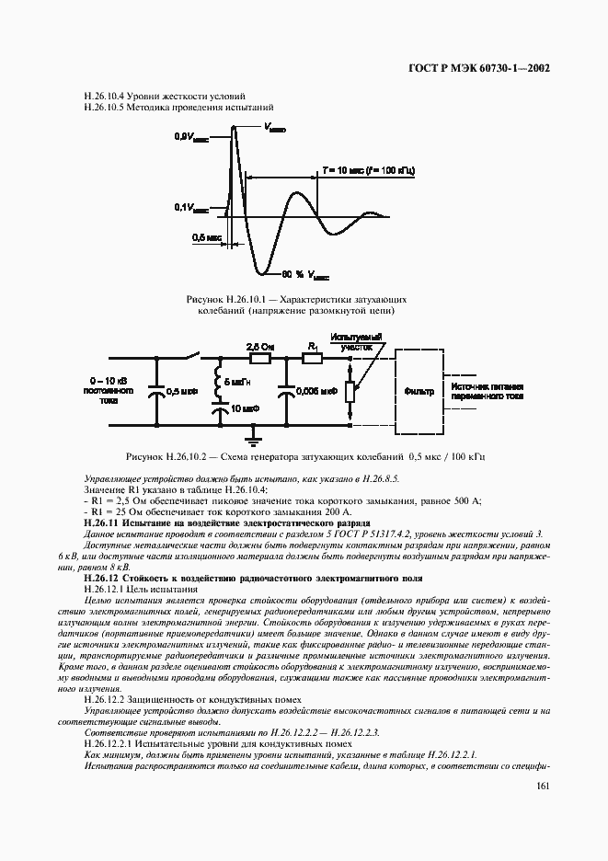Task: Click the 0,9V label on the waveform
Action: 189,136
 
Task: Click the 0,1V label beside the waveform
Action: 189,208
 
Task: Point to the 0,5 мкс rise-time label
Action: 206,237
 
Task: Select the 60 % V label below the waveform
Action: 301,275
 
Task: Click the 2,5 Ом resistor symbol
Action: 259,360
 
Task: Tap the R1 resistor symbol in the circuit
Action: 313,360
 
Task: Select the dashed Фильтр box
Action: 419,390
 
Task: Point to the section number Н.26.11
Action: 102,522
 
